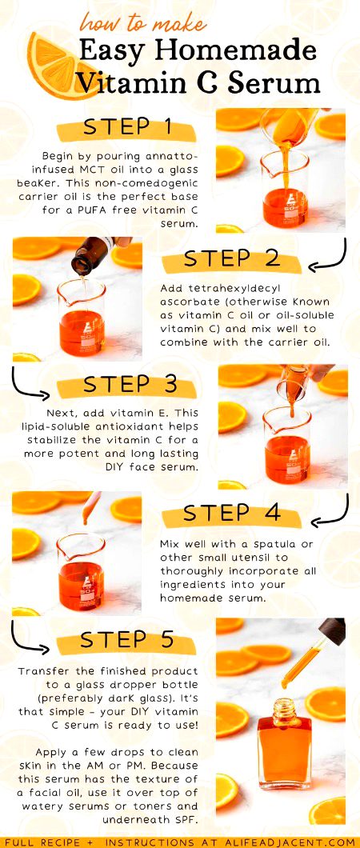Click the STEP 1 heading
click(128, 128)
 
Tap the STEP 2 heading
click(232, 258)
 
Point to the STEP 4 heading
click(231, 512)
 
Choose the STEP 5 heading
click(128, 640)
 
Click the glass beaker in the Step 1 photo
click(284, 192)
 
